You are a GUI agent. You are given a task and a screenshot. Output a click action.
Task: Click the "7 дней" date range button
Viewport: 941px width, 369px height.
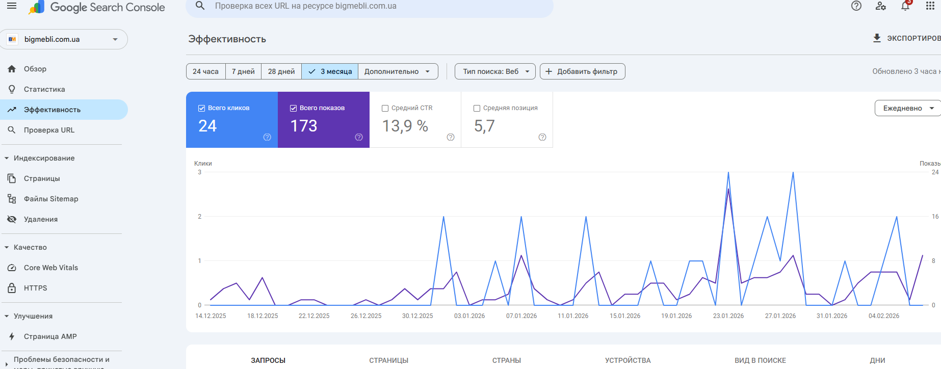(x=243, y=71)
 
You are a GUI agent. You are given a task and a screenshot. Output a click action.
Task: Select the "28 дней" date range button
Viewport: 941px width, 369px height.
(x=281, y=71)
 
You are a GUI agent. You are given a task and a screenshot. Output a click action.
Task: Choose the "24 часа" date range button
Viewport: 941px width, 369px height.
(x=205, y=71)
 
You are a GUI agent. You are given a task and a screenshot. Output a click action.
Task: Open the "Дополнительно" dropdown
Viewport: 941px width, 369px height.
(x=398, y=71)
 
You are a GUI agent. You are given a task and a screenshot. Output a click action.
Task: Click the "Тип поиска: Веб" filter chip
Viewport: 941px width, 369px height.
(x=495, y=71)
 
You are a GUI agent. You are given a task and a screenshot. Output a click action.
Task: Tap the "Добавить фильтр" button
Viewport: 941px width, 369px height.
(x=582, y=71)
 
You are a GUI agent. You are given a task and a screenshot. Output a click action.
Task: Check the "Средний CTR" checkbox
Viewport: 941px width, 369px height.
(x=385, y=108)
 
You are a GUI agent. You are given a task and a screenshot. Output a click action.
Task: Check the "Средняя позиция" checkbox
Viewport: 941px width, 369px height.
(x=477, y=108)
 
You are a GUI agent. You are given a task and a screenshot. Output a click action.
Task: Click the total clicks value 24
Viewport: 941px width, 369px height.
(x=207, y=126)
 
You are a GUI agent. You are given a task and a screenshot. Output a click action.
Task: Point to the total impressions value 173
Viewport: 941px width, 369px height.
(x=304, y=126)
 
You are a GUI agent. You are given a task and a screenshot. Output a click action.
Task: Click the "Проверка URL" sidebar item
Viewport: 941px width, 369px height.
(x=49, y=130)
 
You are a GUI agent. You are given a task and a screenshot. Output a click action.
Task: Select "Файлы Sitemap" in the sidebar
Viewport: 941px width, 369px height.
(x=51, y=199)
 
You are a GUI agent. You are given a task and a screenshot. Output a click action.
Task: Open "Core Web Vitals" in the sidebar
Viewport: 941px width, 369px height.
(x=51, y=268)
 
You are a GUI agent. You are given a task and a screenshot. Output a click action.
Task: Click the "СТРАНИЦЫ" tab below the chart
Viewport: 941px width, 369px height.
(x=388, y=360)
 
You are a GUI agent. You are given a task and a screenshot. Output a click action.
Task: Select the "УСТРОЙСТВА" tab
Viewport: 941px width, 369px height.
(x=628, y=360)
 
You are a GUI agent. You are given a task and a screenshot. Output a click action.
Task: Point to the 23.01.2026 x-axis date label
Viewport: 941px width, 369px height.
(x=728, y=316)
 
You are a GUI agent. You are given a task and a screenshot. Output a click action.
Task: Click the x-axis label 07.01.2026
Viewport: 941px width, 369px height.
(x=521, y=316)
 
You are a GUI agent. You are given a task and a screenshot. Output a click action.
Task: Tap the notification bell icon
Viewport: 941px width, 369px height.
(x=905, y=6)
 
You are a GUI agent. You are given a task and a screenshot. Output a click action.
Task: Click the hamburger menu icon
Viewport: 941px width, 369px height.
(x=12, y=6)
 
